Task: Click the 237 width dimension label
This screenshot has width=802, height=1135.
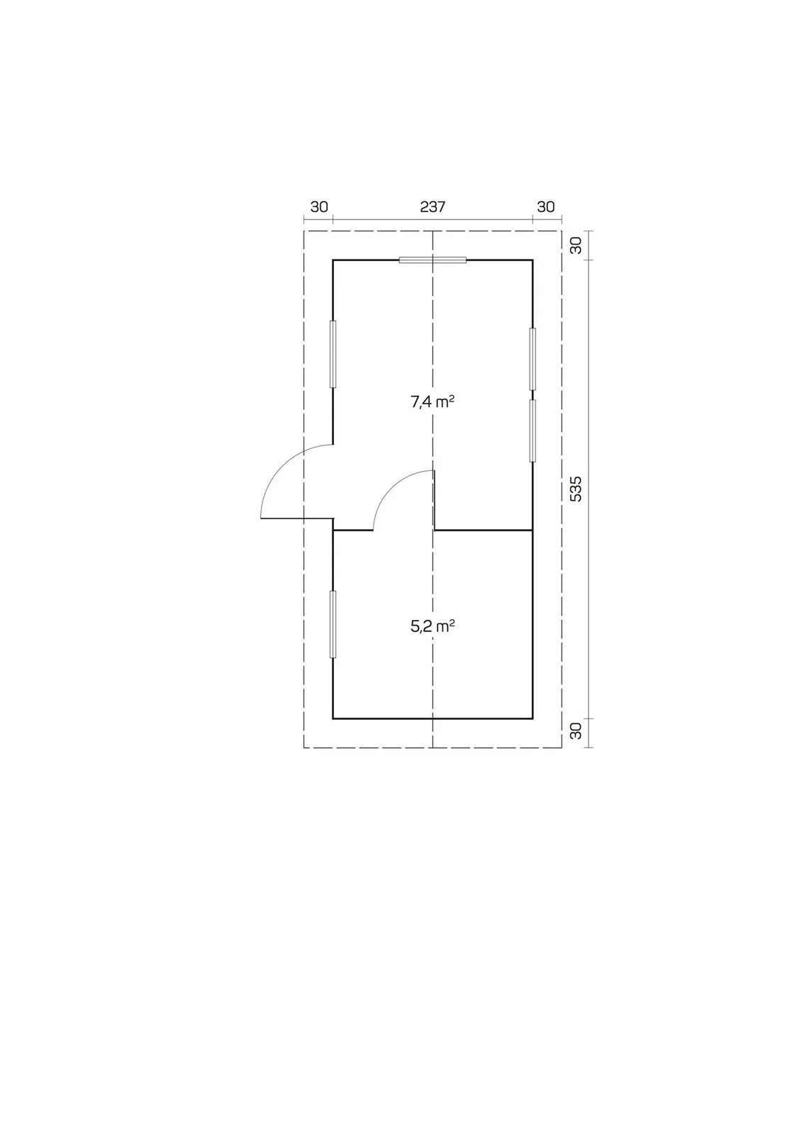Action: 432,206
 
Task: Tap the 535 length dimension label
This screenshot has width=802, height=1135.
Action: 576,489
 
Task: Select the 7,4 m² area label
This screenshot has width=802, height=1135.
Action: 432,402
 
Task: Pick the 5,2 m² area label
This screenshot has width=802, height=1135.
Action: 432,627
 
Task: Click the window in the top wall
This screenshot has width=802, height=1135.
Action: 432,260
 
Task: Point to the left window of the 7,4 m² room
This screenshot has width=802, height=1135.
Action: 333,354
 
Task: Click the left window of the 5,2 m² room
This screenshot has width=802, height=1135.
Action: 333,624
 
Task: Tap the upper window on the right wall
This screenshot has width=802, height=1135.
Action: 533,359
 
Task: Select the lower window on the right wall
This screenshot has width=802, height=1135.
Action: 533,431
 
